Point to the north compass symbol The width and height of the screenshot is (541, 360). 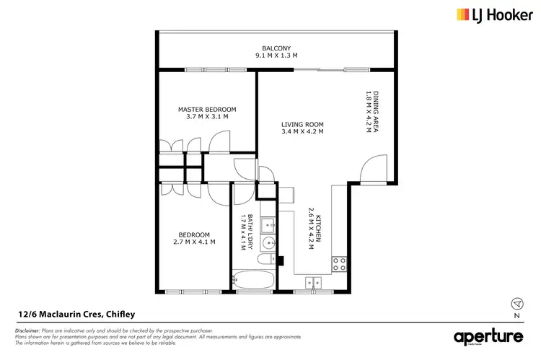coord(516,303)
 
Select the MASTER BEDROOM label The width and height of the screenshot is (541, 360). coord(207,110)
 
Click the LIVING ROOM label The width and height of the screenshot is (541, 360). coord(302,125)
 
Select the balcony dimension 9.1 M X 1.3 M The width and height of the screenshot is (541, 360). coord(276,56)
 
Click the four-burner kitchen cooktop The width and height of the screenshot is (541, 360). coord(338,264)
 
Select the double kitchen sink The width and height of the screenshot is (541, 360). coord(313,282)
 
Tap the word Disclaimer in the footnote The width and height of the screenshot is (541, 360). coord(27,329)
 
